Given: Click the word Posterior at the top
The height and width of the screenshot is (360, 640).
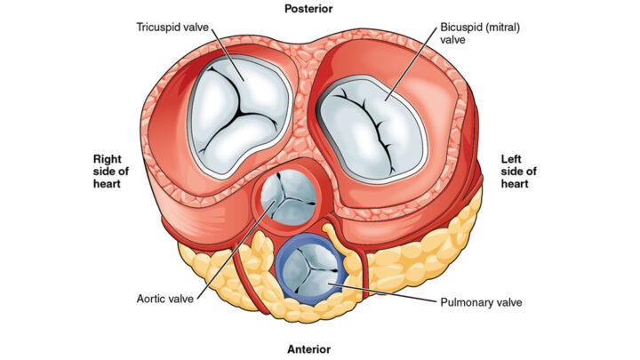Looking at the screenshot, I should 308,9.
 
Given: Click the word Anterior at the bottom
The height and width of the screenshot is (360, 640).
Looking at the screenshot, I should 308,348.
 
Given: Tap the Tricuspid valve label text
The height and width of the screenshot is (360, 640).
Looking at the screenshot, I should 173,27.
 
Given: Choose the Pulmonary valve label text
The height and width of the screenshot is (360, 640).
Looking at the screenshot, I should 481,302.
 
